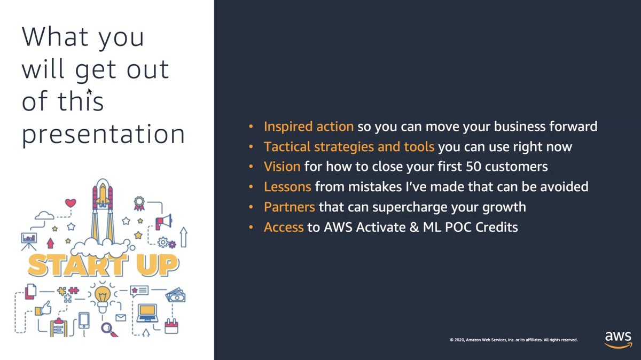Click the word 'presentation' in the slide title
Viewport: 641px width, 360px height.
103,134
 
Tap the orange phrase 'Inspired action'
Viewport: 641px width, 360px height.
308,127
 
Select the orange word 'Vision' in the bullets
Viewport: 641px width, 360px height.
282,167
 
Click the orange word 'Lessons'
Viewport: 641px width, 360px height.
287,187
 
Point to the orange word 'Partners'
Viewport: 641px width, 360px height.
289,207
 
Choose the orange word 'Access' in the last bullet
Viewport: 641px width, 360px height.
283,227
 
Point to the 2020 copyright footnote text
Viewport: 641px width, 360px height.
513,340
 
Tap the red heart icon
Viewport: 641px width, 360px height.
71,203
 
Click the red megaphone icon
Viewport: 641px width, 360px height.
163,220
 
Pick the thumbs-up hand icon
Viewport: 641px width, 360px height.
45,307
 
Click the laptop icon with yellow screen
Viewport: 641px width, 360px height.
147,313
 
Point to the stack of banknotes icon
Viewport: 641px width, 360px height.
175,294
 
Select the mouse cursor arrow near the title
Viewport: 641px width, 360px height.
90,91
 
